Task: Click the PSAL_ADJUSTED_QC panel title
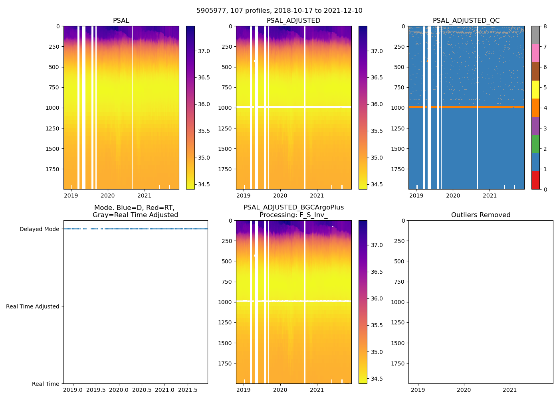466,21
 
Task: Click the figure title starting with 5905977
279,11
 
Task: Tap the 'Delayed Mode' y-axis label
39,229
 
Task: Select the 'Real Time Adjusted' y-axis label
33,306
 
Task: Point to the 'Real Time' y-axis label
46,384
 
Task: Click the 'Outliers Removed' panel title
481,215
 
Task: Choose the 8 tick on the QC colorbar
545,26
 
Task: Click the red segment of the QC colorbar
535,180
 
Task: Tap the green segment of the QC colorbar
535,144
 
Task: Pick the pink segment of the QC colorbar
535,53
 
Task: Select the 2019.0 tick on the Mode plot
73,390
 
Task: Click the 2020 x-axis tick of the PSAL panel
108,196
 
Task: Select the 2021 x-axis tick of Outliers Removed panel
510,390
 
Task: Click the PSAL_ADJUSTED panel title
293,21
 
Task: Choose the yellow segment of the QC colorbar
535,90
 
